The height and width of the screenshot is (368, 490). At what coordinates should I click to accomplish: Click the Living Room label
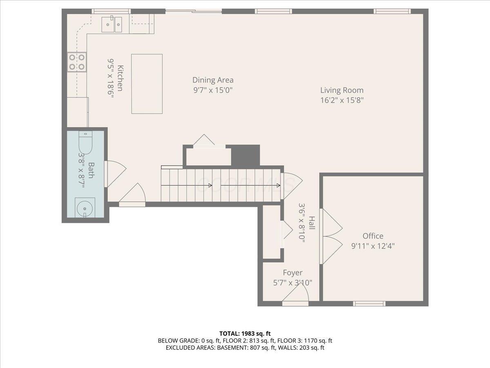(x=342, y=90)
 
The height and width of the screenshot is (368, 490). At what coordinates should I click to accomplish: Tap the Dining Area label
(x=213, y=80)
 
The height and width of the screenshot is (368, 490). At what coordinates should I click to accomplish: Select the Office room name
(x=373, y=236)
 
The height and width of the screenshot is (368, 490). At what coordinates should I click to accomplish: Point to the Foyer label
(x=293, y=273)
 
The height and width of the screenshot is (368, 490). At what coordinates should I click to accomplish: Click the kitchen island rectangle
(x=147, y=84)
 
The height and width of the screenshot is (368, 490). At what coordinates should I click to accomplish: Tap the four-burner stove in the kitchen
(x=77, y=62)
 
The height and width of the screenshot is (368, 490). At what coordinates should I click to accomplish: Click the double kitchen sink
(x=112, y=24)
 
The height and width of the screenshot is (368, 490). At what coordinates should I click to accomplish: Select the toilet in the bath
(x=85, y=143)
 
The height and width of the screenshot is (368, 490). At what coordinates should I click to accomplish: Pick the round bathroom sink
(x=85, y=208)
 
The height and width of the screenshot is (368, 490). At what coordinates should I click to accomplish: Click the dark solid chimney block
(x=245, y=155)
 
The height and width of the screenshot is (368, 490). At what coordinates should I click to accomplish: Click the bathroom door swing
(x=115, y=174)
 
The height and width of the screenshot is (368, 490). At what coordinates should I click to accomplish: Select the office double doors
(x=331, y=236)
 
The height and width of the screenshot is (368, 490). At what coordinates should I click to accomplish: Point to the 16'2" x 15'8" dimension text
(x=342, y=100)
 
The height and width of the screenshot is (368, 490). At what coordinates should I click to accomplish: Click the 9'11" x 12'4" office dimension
(x=373, y=246)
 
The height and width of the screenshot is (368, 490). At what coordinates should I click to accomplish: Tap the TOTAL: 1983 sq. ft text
(x=245, y=334)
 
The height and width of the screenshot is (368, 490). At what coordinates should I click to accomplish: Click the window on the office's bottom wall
(x=369, y=303)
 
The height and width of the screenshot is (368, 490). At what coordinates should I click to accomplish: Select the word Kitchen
(x=120, y=78)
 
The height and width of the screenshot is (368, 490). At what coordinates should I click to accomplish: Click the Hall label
(x=312, y=223)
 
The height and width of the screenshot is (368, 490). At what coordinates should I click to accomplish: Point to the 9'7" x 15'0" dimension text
(x=213, y=90)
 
